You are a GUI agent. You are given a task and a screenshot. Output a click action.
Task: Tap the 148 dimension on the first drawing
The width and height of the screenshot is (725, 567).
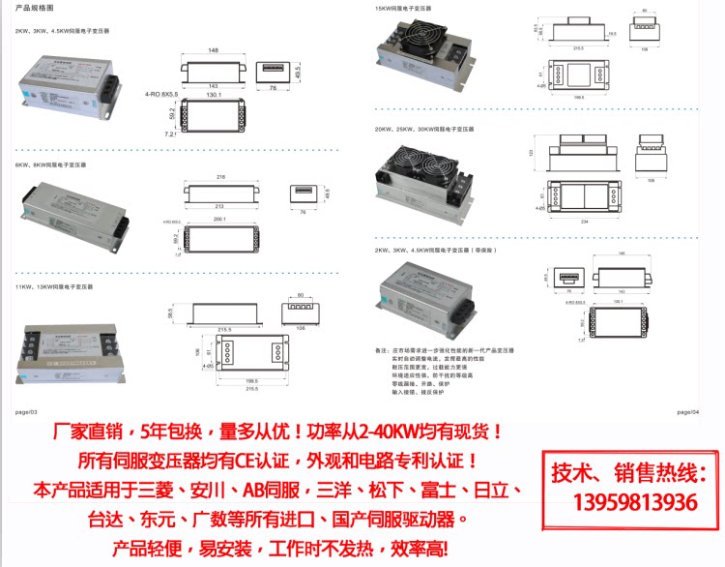point(213,49)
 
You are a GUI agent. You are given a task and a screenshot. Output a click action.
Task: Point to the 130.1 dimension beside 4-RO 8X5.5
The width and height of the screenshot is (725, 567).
point(213,95)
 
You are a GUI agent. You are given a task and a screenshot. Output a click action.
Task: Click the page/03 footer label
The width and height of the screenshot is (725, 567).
point(25,411)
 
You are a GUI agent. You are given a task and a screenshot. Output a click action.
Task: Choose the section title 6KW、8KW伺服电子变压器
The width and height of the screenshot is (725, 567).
point(44,165)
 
